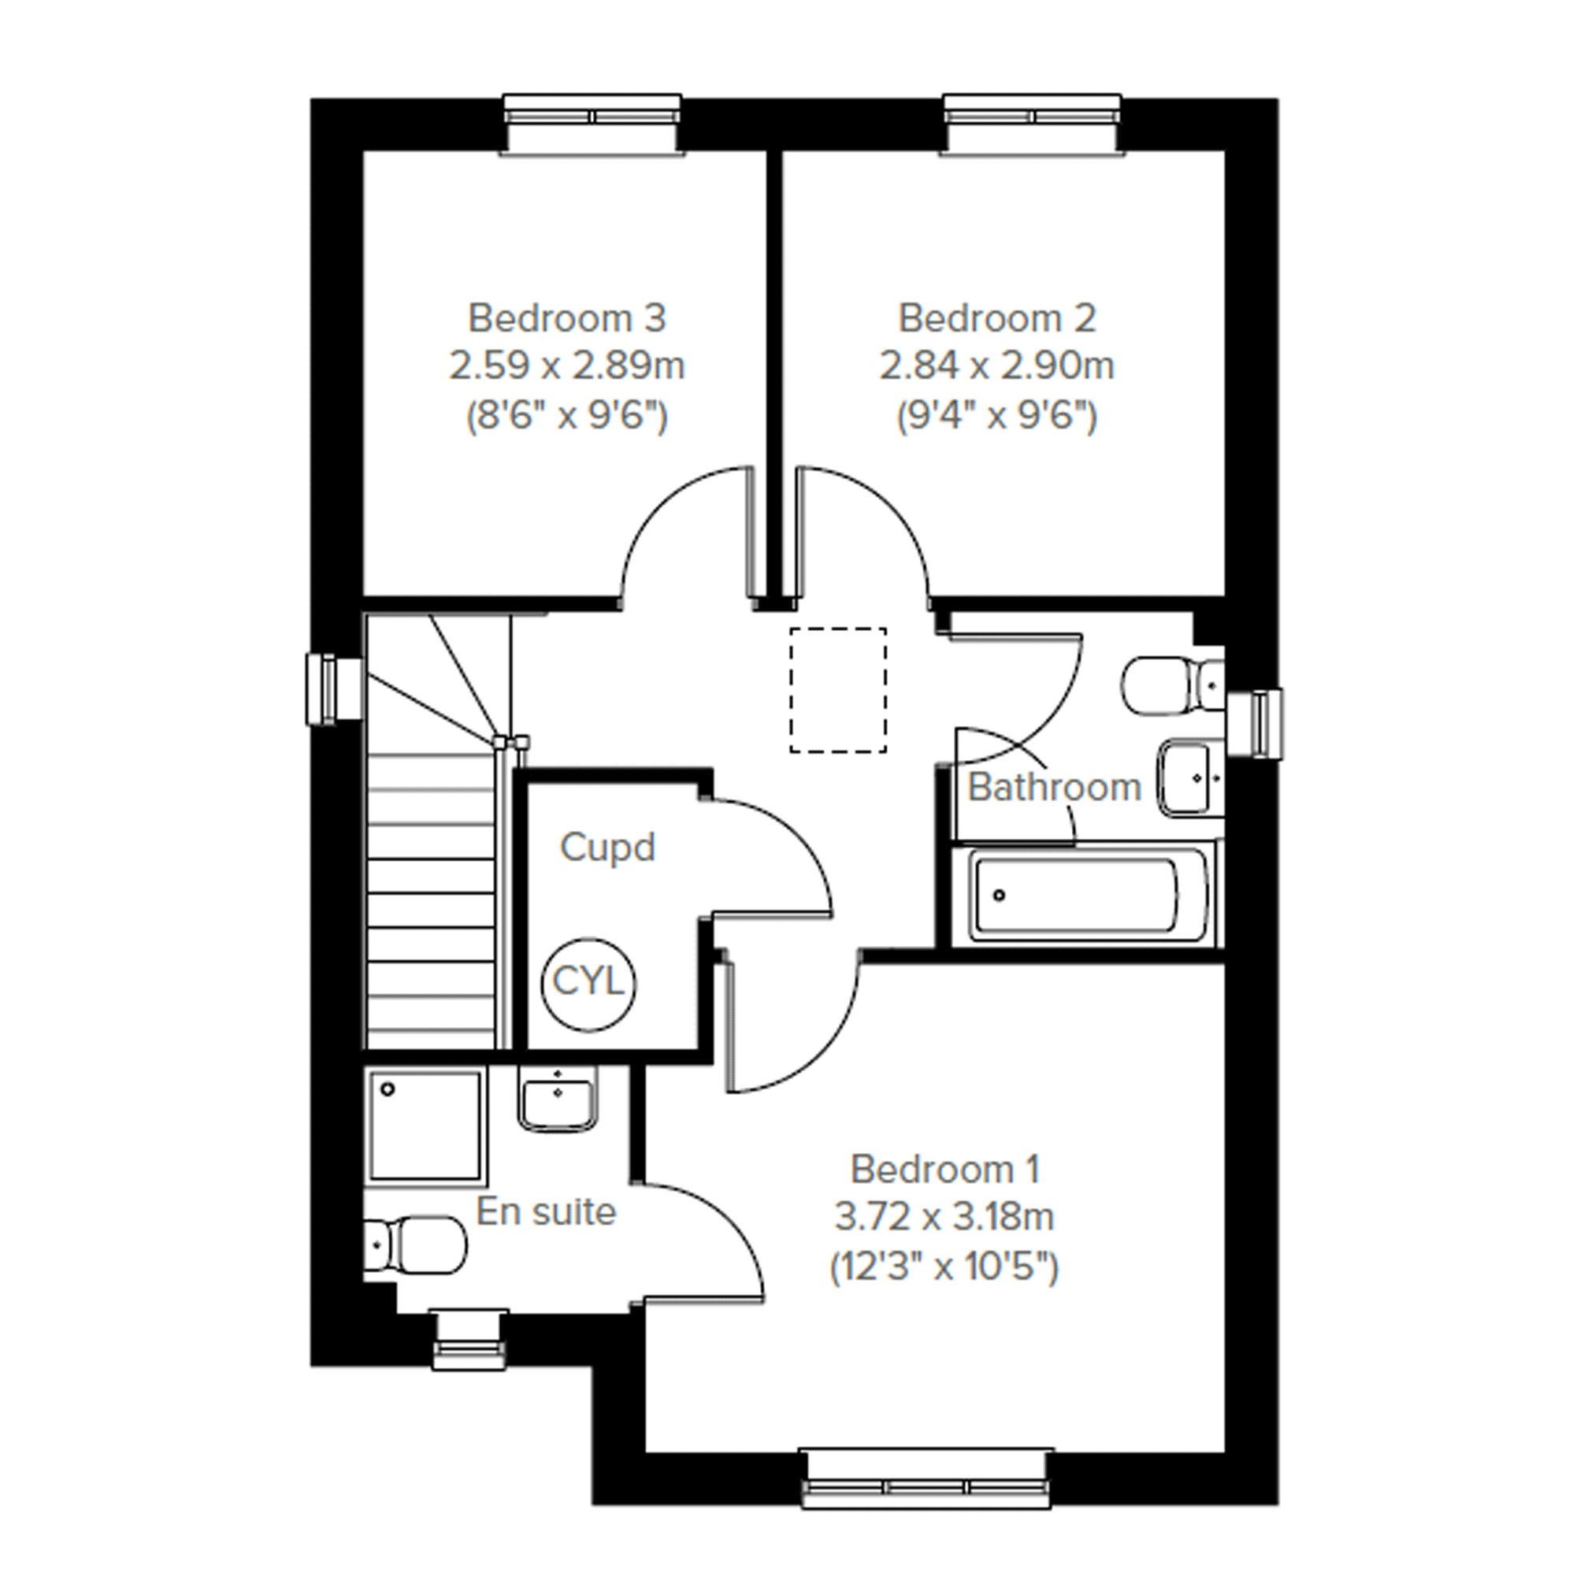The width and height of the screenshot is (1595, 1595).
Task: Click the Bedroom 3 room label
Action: click(567, 319)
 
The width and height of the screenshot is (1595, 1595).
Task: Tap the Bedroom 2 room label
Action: click(997, 319)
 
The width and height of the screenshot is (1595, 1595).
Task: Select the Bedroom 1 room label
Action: click(944, 1170)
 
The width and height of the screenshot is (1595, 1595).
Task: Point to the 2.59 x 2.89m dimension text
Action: click(567, 365)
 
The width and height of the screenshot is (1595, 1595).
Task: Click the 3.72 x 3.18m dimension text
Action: click(944, 1217)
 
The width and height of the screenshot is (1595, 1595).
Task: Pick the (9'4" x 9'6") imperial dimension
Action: click(997, 415)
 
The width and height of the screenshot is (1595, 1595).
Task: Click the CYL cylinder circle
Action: click(588, 983)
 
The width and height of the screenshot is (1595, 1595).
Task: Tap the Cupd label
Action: click(607, 848)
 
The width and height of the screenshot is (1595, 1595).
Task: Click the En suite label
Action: click(547, 1212)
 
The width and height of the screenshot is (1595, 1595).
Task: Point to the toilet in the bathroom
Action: click(1172, 685)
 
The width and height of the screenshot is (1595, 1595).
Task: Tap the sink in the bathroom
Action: click(1191, 777)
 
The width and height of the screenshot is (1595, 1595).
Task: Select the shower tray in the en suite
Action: click(426, 1126)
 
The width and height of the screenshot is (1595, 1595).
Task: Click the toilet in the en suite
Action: click(415, 1245)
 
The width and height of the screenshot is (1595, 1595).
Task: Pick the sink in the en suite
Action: click(558, 1097)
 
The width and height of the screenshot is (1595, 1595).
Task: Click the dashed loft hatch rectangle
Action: click(838, 690)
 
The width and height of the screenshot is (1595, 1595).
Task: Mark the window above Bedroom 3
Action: click(593, 124)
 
